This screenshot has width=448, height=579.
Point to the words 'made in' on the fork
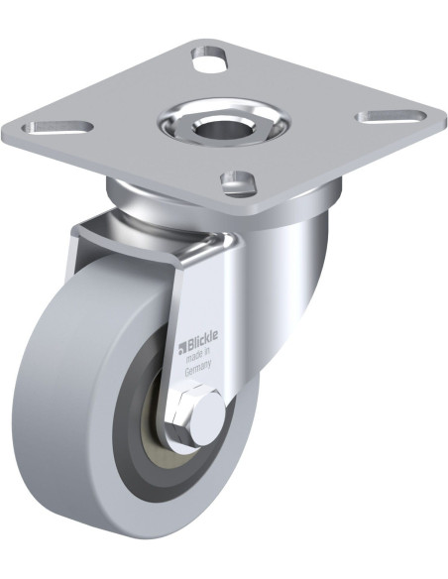[x=198, y=356]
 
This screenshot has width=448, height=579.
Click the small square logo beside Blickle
[x=182, y=347]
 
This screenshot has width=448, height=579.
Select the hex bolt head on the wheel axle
[x=196, y=414]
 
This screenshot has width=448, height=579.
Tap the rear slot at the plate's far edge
[x=209, y=58]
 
